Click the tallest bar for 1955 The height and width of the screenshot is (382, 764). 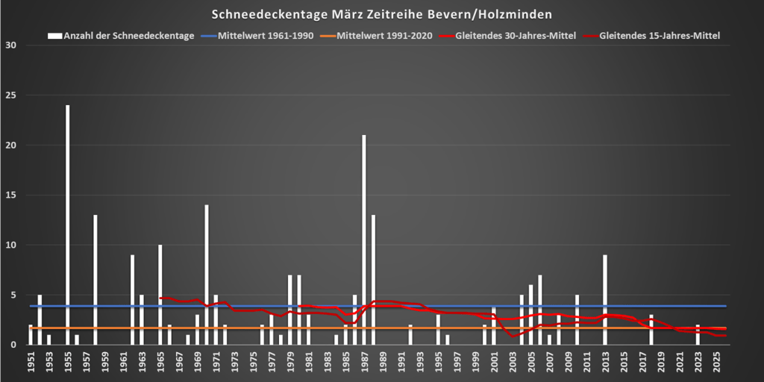click(x=68, y=224)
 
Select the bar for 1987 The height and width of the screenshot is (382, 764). click(x=364, y=239)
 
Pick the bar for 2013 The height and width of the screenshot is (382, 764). click(x=605, y=299)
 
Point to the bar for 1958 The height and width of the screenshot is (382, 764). click(x=95, y=279)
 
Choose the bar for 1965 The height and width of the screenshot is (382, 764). click(x=160, y=294)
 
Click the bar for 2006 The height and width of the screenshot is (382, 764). click(x=540, y=309)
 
